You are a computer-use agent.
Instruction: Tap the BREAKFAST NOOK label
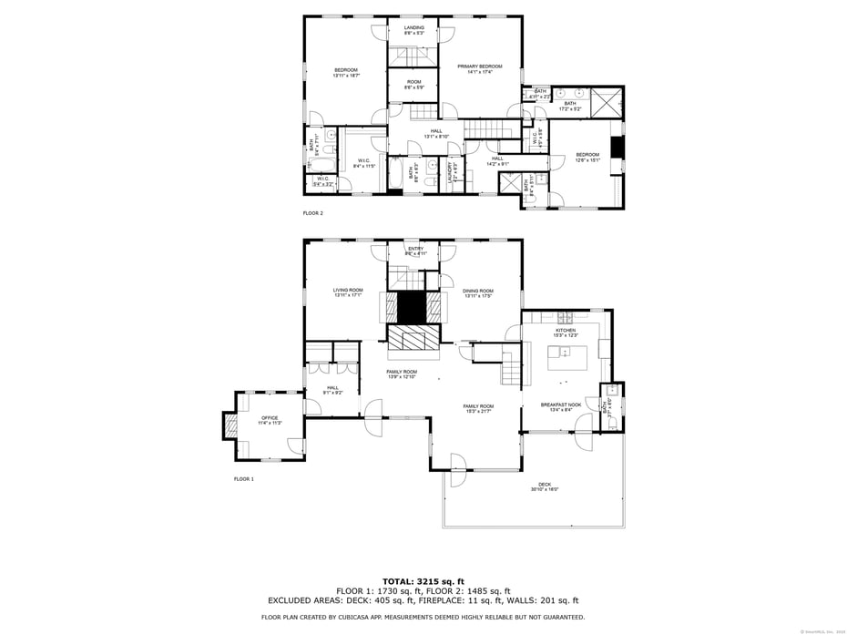561,407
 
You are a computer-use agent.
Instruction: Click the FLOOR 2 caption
312,213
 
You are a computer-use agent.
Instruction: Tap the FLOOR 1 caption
243,478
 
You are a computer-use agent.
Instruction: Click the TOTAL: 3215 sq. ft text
423,580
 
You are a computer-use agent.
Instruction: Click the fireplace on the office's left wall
230,425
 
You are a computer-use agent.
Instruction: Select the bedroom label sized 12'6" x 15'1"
587,157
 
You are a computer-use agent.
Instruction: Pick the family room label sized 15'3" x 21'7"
478,408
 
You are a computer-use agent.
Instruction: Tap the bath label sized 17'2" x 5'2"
570,106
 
